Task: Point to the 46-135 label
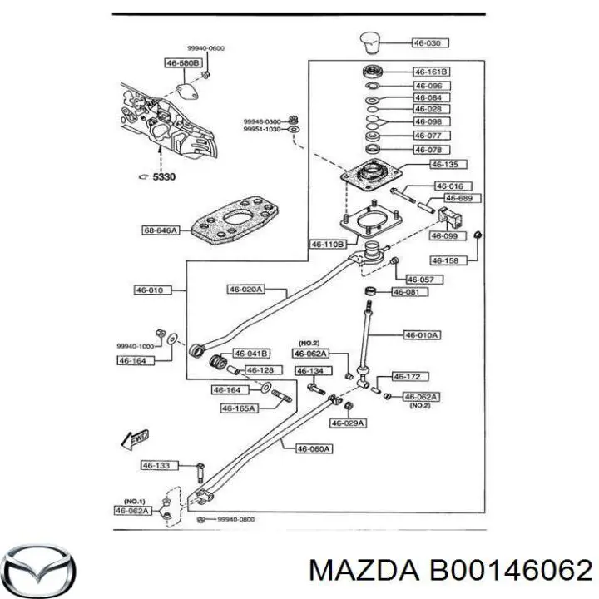(430, 165)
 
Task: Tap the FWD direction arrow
(133, 438)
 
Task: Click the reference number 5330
(161, 176)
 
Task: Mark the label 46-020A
(245, 290)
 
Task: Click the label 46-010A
(422, 335)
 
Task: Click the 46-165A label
(238, 408)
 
